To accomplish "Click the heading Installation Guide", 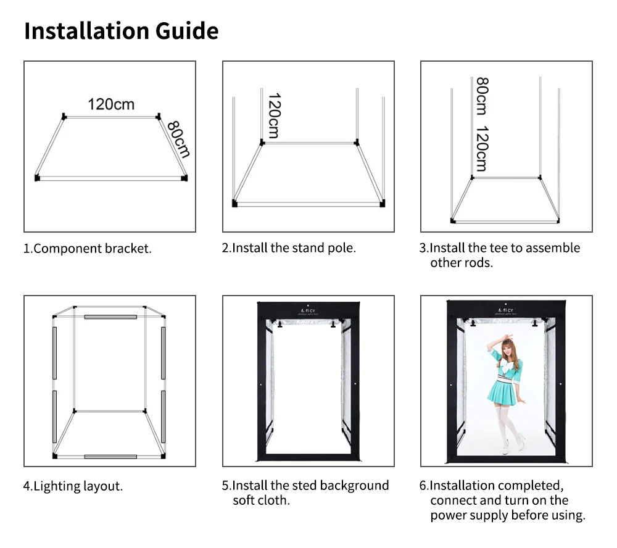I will point(121,31).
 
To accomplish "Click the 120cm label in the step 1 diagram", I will point(111,104).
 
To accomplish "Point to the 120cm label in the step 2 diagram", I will point(273,116).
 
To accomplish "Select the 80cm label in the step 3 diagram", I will point(482,96).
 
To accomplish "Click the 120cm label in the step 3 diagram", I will point(482,149).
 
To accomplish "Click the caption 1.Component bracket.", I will point(88,249).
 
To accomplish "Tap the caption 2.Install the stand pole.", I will point(289,248).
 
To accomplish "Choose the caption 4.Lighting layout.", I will point(73,486).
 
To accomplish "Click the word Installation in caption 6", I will point(463,486).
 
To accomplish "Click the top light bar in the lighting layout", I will point(110,317).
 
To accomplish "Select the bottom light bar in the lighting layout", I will point(110,457).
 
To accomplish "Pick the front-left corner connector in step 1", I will point(37,178).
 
